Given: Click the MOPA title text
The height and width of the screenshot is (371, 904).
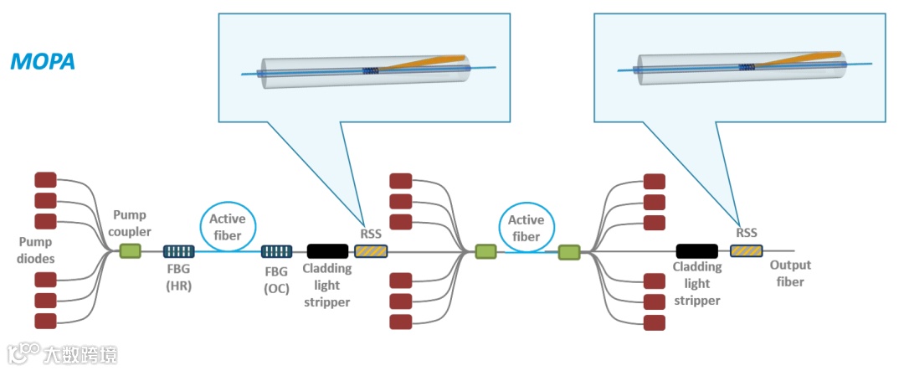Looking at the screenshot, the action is [x=43, y=61].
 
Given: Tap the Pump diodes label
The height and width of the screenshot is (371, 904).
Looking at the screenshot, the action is [x=37, y=250].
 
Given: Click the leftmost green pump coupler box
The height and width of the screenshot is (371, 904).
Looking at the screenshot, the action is [x=130, y=251].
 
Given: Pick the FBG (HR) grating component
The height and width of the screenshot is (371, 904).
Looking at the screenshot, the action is [x=179, y=251].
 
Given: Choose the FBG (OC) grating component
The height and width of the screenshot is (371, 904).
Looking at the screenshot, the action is [x=277, y=251].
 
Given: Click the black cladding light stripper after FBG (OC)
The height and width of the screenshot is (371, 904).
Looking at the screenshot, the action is [x=327, y=251].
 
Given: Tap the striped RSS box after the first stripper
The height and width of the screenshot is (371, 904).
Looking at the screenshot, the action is [x=371, y=251].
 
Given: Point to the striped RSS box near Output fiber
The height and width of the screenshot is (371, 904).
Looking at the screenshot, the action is [x=747, y=251].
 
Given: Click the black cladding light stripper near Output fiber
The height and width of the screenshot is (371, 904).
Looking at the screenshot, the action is [x=697, y=251].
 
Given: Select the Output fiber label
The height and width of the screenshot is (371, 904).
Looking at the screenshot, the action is [x=790, y=274].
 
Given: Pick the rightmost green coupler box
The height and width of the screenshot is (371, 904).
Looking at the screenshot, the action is [x=569, y=252].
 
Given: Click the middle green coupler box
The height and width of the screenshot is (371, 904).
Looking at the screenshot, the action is [x=485, y=251].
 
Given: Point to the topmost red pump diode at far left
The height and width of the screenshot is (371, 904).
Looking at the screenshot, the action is [x=45, y=179].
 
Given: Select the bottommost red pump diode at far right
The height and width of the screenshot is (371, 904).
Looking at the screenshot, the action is [x=654, y=322].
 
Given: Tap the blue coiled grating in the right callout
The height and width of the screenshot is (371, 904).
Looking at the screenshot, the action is [x=747, y=68].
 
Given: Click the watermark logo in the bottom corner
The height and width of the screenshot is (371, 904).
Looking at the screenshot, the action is [x=23, y=353].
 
